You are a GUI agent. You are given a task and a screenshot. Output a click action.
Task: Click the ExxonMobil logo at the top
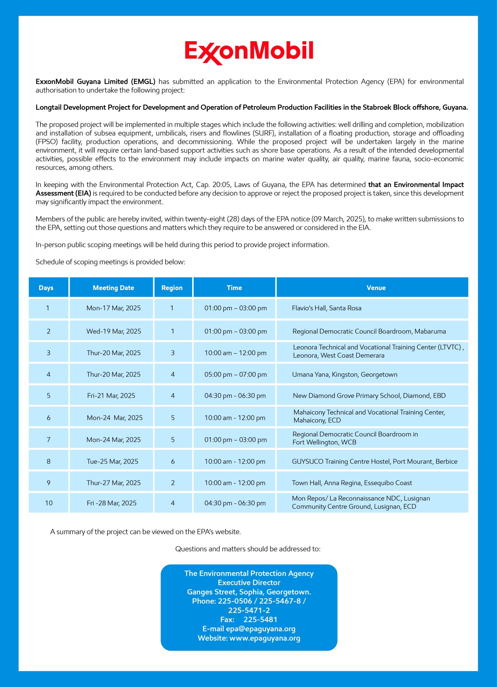[249, 52]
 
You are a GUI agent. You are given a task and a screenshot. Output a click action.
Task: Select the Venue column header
[376, 288]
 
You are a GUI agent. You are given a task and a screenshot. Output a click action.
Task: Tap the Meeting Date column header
[113, 288]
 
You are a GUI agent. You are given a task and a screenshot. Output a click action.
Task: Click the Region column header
[172, 288]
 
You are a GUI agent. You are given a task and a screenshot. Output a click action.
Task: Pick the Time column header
[234, 288]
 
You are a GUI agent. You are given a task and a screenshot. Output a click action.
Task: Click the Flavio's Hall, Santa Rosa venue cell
[326, 308]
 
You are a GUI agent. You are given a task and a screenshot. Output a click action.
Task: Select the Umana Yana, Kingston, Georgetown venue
[344, 374]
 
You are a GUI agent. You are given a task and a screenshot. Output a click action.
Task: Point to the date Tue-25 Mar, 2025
[112, 461]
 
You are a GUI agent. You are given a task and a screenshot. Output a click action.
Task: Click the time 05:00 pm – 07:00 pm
[235, 374]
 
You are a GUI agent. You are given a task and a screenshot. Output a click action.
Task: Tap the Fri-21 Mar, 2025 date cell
[111, 396]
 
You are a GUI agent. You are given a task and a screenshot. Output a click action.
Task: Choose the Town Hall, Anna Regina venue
[352, 483]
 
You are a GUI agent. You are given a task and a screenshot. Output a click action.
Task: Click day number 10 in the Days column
[49, 503]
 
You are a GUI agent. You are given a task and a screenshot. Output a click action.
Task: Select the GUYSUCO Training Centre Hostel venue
[374, 461]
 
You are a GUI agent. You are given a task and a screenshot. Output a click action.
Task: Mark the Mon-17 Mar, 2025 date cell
[113, 308]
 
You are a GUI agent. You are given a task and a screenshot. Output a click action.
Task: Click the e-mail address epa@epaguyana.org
[260, 629]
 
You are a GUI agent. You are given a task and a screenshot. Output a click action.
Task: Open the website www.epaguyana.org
[265, 638]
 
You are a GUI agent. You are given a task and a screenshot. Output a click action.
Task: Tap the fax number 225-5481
[260, 620]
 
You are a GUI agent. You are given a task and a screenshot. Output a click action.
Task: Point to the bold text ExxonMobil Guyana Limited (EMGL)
[96, 82]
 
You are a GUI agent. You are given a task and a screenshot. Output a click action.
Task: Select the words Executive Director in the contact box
[249, 582]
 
